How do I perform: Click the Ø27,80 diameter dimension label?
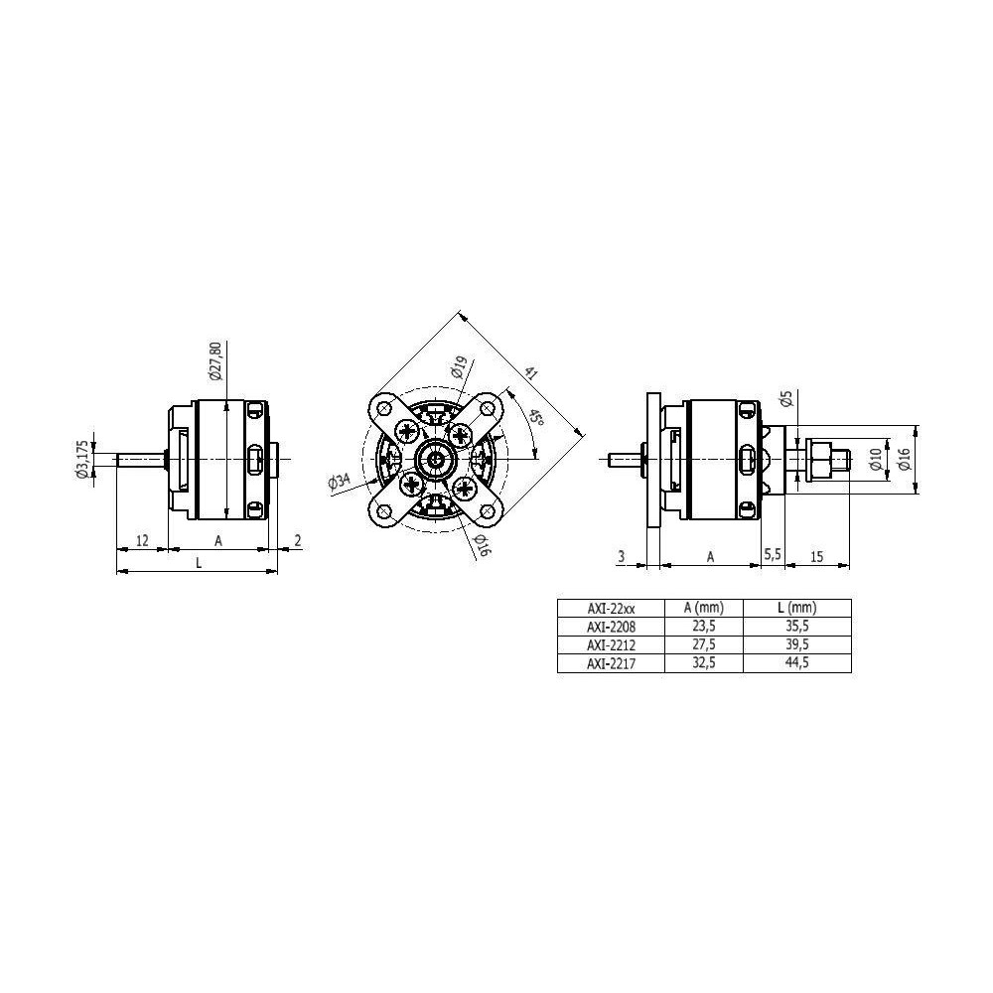pyautogui.click(x=215, y=360)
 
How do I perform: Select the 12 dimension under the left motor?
pyautogui.click(x=142, y=540)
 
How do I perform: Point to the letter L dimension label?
pyautogui.click(x=199, y=562)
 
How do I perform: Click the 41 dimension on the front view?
pyautogui.click(x=530, y=373)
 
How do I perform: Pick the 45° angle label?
pyautogui.click(x=536, y=418)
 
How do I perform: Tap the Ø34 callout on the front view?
pyautogui.click(x=340, y=482)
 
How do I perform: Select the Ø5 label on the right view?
pyautogui.click(x=787, y=398)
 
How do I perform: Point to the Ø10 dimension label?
pyautogui.click(x=875, y=459)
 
